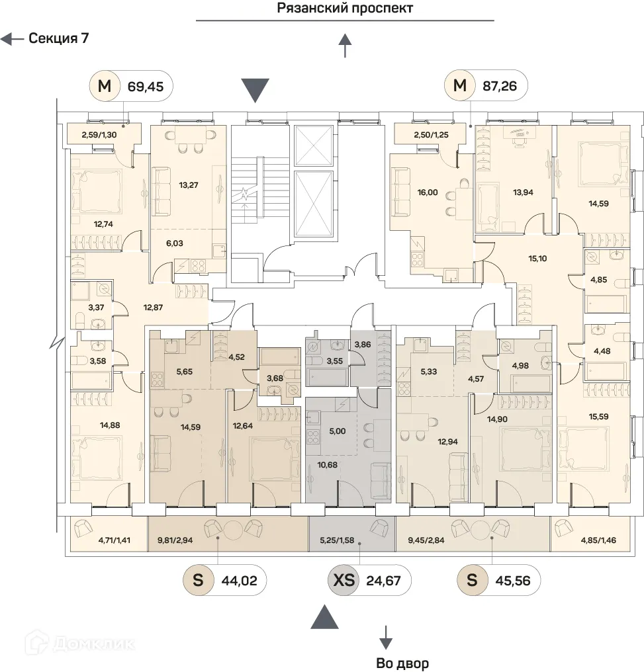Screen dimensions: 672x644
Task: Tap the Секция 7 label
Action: pos(58,38)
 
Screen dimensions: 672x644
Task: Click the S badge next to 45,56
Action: pos(472,581)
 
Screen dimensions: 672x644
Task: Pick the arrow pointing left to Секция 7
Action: pos(11,39)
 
